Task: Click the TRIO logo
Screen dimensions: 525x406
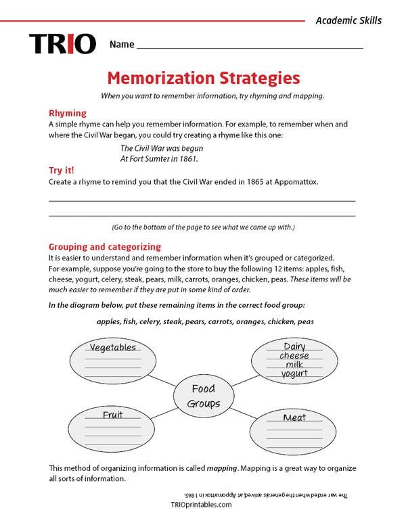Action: coord(62,44)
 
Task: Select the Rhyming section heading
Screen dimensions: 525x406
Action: coord(68,113)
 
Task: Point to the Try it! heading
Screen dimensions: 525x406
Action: coord(62,170)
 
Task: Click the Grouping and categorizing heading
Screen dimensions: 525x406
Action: coord(105,247)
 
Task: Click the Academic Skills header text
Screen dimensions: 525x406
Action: coord(348,20)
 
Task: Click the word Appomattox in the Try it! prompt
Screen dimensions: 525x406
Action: coord(294,182)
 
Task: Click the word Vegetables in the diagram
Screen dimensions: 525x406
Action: coord(113,347)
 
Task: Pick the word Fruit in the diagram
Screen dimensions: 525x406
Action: coord(113,415)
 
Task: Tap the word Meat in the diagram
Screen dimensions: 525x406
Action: coord(294,417)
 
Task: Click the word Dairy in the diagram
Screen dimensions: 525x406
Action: coord(294,346)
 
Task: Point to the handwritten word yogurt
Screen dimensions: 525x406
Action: coord(294,373)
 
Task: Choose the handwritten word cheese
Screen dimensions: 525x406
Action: coord(294,356)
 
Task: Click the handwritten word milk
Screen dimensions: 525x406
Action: coord(294,365)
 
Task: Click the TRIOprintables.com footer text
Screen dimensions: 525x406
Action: coord(202,505)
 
